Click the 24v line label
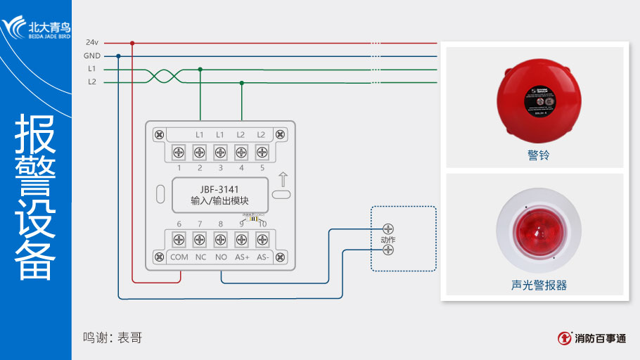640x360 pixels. click(x=91, y=42)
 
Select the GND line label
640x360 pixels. click(x=91, y=56)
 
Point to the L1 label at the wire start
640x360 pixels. click(x=91, y=69)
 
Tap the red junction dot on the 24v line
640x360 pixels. click(x=132, y=43)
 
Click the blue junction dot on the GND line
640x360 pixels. click(x=118, y=56)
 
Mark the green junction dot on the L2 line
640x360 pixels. click(x=242, y=82)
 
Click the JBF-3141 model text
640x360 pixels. click(x=220, y=189)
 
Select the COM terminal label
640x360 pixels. click(x=179, y=257)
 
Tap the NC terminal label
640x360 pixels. click(x=200, y=257)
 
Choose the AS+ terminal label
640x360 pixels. click(x=242, y=257)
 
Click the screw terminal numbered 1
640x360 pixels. click(x=179, y=151)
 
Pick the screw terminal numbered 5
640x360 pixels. click(x=262, y=151)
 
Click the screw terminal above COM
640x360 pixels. click(x=179, y=238)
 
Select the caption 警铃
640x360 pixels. click(x=538, y=155)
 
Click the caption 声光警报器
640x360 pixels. click(x=539, y=285)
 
